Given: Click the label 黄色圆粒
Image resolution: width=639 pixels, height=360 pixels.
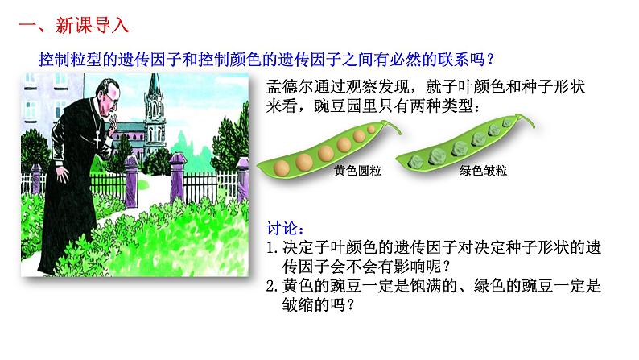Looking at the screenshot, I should pyautogui.click(x=357, y=172).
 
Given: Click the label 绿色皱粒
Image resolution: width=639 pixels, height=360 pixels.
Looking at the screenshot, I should pyautogui.click(x=482, y=171).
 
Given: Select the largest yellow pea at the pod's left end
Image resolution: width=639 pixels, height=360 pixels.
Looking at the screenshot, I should pyautogui.click(x=282, y=168).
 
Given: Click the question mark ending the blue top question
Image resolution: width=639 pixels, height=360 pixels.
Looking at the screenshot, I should pyautogui.click(x=489, y=59).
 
